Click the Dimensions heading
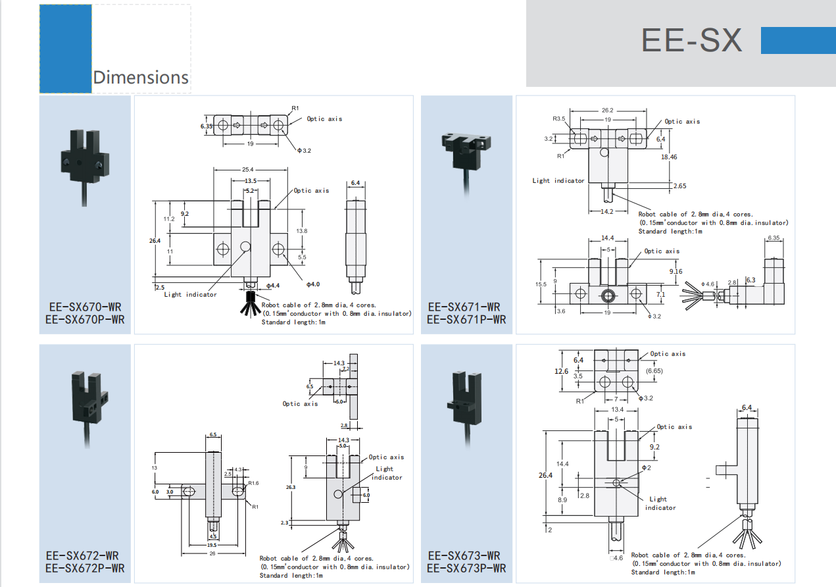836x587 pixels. point(141,77)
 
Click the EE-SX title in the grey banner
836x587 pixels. point(691,40)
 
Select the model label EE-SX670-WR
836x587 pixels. point(85,307)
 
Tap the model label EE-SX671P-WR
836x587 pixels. point(466,320)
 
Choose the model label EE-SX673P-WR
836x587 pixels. point(466,568)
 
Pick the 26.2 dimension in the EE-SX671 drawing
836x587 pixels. point(607,110)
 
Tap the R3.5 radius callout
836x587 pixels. point(559,118)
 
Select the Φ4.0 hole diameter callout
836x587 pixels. point(312,284)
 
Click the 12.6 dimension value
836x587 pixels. point(561,371)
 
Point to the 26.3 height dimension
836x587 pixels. point(291,488)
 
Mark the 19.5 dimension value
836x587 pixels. point(212,545)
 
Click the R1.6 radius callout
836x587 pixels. point(253,483)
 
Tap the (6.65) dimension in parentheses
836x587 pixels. point(654,371)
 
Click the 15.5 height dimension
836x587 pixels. point(541,284)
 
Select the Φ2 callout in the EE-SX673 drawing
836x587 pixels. point(646,467)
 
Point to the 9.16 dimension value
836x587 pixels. point(676,271)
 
